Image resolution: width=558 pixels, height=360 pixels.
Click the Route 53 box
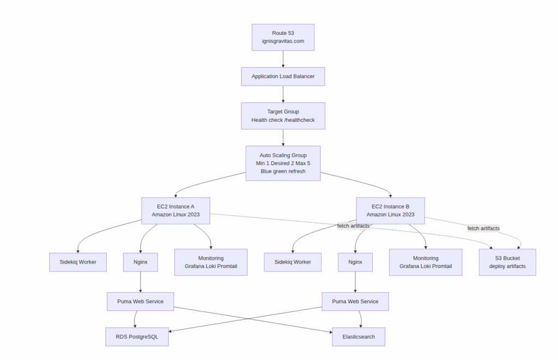pyautogui.click(x=283, y=37)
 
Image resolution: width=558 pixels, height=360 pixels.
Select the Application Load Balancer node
pyautogui.click(x=283, y=76)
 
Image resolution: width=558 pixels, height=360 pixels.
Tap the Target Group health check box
pyautogui.click(x=283, y=115)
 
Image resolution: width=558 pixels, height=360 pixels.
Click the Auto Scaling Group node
pyautogui.click(x=283, y=163)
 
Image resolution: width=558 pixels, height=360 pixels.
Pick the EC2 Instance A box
pyautogui.click(x=175, y=210)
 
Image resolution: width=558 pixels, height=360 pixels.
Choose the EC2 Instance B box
pyautogui.click(x=390, y=210)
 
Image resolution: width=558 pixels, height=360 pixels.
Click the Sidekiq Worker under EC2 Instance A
pyautogui.click(x=78, y=262)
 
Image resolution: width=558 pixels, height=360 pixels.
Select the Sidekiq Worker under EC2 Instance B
pyautogui.click(x=293, y=262)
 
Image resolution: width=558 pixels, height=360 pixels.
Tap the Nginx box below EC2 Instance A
pyautogui.click(x=141, y=262)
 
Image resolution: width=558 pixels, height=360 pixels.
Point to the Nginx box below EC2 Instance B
pyautogui.click(x=355, y=262)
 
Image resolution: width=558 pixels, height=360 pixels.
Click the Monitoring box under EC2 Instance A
pyautogui.click(x=211, y=262)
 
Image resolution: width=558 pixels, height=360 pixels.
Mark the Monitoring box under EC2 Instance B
pyautogui.click(x=426, y=262)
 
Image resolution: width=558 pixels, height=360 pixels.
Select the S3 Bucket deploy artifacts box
pyautogui.click(x=507, y=262)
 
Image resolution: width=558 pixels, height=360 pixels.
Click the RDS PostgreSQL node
pyautogui.click(x=137, y=337)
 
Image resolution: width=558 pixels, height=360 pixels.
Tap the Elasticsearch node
pyautogui.click(x=359, y=337)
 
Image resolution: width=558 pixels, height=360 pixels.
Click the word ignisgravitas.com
pyautogui.click(x=283, y=41)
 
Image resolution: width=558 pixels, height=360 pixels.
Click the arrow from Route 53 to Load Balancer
pyautogui.click(x=283, y=59)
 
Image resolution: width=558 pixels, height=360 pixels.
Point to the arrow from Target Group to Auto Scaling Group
pyautogui.click(x=283, y=137)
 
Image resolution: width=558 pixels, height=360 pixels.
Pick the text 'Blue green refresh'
pyautogui.click(x=283, y=171)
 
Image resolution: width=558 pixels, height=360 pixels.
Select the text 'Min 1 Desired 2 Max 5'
pyautogui.click(x=283, y=163)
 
